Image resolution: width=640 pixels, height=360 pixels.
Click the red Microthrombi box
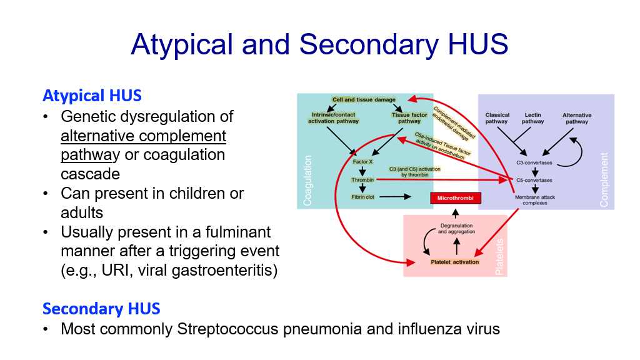[456, 198]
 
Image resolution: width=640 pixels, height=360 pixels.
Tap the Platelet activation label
[455, 262]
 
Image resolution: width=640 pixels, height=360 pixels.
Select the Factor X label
[362, 162]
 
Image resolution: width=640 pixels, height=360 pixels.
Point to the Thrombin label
[362, 180]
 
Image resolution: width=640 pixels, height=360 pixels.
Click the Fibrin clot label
[362, 197]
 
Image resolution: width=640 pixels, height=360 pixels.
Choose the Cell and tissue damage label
[364, 99]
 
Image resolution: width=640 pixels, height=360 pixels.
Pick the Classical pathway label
[497, 118]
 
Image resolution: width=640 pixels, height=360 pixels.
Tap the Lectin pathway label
[532, 118]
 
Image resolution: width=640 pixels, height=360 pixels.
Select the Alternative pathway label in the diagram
[577, 118]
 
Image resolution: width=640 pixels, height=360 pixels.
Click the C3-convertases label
[534, 162]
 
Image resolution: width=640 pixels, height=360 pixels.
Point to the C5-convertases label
[534, 180]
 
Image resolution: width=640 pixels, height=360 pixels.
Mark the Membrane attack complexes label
[535, 200]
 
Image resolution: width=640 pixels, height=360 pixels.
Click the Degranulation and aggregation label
[456, 229]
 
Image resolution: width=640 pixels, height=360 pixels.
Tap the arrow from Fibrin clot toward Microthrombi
[395, 197]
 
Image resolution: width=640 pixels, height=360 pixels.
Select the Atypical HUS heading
[92, 96]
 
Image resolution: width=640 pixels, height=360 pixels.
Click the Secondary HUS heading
[101, 309]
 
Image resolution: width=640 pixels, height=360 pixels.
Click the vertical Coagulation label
[307, 181]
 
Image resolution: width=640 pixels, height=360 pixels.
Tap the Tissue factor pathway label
[409, 118]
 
